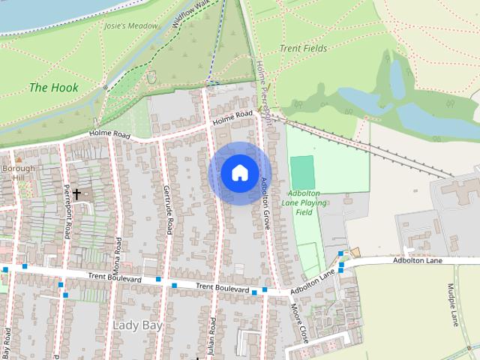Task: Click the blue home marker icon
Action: click(x=238, y=172)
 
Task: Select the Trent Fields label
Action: click(x=304, y=48)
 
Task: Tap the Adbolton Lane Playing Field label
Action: click(x=304, y=202)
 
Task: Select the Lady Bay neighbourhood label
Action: click(x=136, y=325)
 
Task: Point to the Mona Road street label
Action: click(x=117, y=254)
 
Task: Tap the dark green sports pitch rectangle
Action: click(x=301, y=168)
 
